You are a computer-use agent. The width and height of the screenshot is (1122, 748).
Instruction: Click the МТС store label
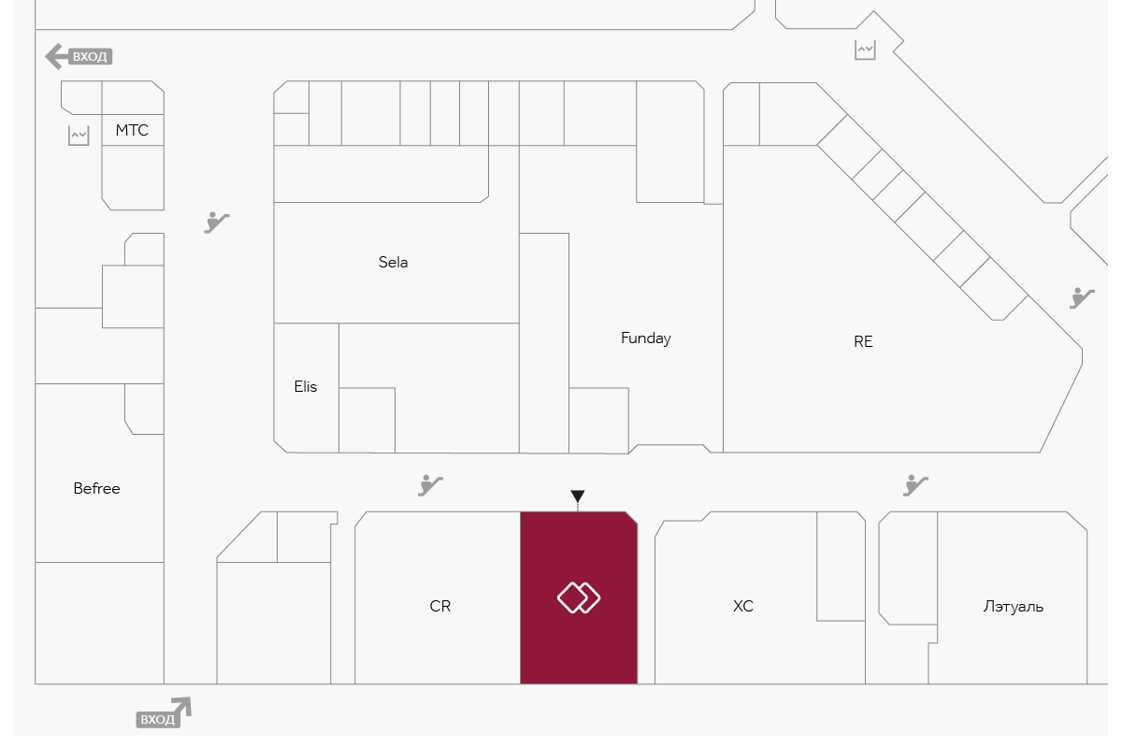pyautogui.click(x=132, y=130)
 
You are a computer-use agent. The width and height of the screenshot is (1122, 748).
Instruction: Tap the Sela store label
pyautogui.click(x=394, y=262)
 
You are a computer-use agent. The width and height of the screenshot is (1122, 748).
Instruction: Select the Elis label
pyautogui.click(x=306, y=386)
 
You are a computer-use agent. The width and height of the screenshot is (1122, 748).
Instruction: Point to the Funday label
pyautogui.click(x=646, y=338)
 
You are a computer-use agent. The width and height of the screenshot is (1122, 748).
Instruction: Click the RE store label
pyautogui.click(x=863, y=341)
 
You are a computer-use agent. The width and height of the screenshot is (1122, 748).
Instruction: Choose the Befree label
pyautogui.click(x=97, y=488)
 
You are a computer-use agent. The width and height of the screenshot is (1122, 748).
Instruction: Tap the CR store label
pyautogui.click(x=440, y=606)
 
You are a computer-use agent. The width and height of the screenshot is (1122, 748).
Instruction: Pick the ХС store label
pyautogui.click(x=743, y=606)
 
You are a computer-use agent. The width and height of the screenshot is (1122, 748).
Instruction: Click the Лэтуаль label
pyautogui.click(x=1014, y=606)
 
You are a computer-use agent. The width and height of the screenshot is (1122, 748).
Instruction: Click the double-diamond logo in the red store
pyautogui.click(x=579, y=597)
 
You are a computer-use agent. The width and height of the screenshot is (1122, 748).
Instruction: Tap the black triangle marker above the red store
pyautogui.click(x=578, y=496)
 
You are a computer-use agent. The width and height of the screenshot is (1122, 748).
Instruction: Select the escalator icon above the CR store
pyautogui.click(x=430, y=484)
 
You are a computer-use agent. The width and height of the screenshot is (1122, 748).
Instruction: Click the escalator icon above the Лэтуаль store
pyautogui.click(x=915, y=484)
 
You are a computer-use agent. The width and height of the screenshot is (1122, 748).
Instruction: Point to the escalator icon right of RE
pyautogui.click(x=1083, y=297)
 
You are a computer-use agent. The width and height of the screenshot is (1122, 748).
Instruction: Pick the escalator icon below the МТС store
pyautogui.click(x=217, y=222)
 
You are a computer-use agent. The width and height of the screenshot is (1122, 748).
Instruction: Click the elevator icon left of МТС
pyautogui.click(x=79, y=136)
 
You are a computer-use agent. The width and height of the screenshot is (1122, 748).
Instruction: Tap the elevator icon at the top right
pyautogui.click(x=865, y=50)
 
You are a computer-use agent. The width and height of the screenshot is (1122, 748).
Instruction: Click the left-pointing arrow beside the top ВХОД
pyautogui.click(x=55, y=56)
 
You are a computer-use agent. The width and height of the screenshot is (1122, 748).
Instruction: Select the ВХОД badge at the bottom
pyautogui.click(x=156, y=719)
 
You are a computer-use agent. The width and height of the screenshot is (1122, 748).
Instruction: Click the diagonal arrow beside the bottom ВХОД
pyautogui.click(x=181, y=709)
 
